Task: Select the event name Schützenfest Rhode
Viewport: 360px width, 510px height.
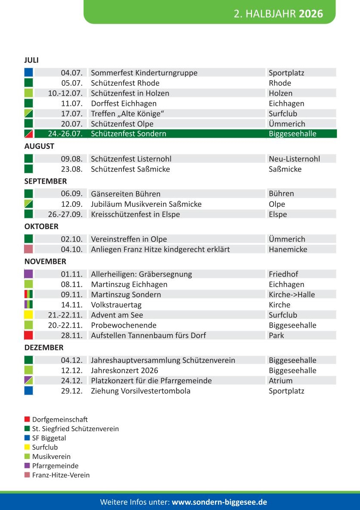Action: (x=125, y=83)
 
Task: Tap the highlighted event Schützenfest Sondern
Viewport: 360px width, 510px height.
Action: (x=128, y=134)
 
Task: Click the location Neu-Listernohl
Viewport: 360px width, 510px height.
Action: (x=294, y=159)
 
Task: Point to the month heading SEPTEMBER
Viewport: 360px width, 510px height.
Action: (x=45, y=181)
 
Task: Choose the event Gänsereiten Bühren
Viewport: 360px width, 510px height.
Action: (x=125, y=194)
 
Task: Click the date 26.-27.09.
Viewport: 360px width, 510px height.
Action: (x=65, y=214)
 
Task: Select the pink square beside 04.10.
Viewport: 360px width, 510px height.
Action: (x=29, y=249)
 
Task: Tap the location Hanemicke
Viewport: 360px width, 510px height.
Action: (x=288, y=249)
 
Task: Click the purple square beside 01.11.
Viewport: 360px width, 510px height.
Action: (x=29, y=274)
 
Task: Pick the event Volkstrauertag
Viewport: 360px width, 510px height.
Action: (x=116, y=305)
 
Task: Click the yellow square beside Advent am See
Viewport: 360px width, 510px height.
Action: (x=29, y=315)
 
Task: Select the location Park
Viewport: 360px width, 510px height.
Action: (x=276, y=335)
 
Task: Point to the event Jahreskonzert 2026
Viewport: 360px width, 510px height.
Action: (x=124, y=371)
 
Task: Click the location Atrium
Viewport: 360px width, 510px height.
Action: (x=281, y=381)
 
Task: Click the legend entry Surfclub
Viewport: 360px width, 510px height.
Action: (x=45, y=447)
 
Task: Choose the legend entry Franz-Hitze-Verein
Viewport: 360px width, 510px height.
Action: (x=61, y=475)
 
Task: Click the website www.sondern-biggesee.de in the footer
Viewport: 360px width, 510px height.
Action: (x=219, y=502)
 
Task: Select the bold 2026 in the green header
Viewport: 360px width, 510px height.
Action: (x=311, y=14)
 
